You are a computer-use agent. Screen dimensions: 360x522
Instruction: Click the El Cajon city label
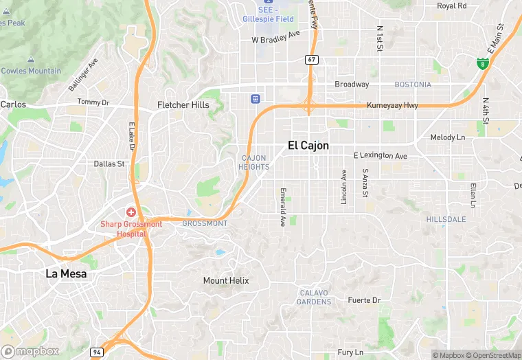[x=308, y=146]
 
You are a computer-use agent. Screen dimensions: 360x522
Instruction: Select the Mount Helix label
[x=226, y=280]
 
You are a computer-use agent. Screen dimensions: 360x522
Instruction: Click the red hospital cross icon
[x=130, y=213]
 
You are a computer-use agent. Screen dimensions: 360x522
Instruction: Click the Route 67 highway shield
[x=312, y=60]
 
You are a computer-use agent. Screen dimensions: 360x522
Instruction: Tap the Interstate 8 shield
[x=483, y=64]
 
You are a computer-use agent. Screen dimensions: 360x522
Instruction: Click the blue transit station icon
[x=256, y=99]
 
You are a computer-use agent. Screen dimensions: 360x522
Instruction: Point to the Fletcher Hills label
[x=183, y=105]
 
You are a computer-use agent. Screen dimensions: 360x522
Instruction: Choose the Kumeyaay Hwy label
[x=392, y=105]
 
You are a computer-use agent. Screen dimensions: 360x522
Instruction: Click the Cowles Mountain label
[x=31, y=71]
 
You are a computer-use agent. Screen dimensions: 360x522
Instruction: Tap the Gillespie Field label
[x=268, y=19]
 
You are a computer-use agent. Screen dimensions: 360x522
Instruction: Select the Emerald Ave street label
[x=282, y=207]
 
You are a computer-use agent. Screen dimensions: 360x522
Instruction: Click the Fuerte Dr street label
[x=364, y=300]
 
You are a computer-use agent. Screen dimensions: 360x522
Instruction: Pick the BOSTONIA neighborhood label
[x=413, y=85]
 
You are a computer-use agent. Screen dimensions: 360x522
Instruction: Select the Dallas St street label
[x=109, y=164]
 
